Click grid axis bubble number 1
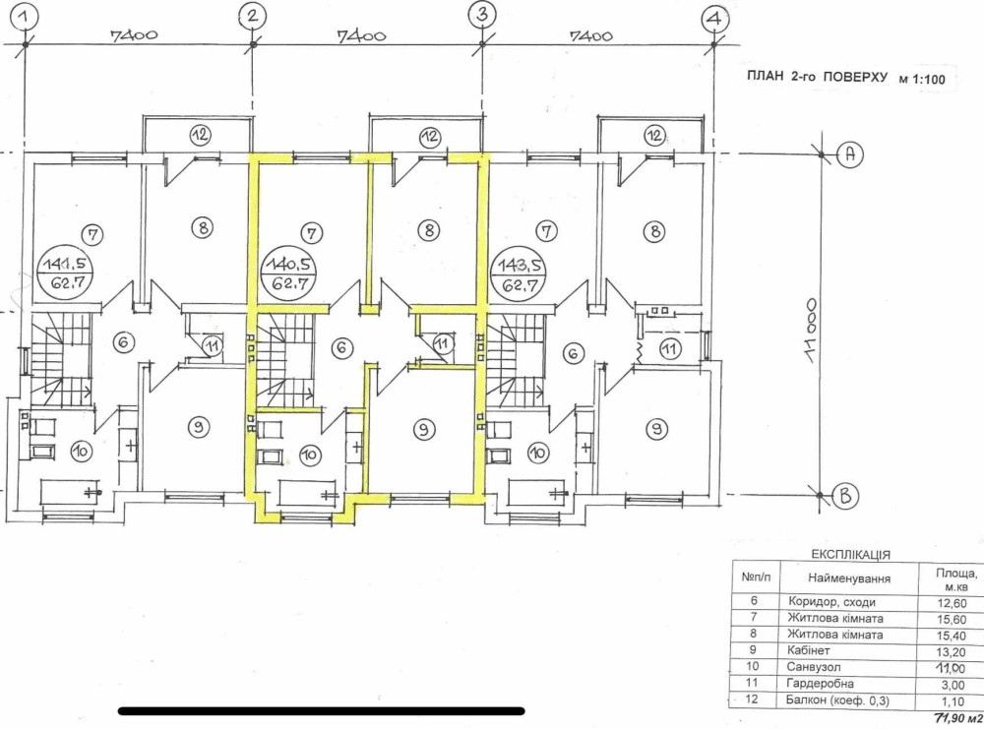25,17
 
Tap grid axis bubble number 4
714,19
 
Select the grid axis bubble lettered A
850,153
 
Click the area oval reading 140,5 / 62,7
289,272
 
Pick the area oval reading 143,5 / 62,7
519,273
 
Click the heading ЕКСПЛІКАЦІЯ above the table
851,555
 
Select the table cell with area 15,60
952,619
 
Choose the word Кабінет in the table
808,650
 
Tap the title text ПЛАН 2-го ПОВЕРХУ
817,77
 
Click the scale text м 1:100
922,80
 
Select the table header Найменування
849,577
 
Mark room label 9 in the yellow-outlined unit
424,429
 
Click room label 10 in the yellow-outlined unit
309,455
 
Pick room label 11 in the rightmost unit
671,348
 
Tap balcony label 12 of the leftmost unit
200,135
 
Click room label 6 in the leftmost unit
123,342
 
